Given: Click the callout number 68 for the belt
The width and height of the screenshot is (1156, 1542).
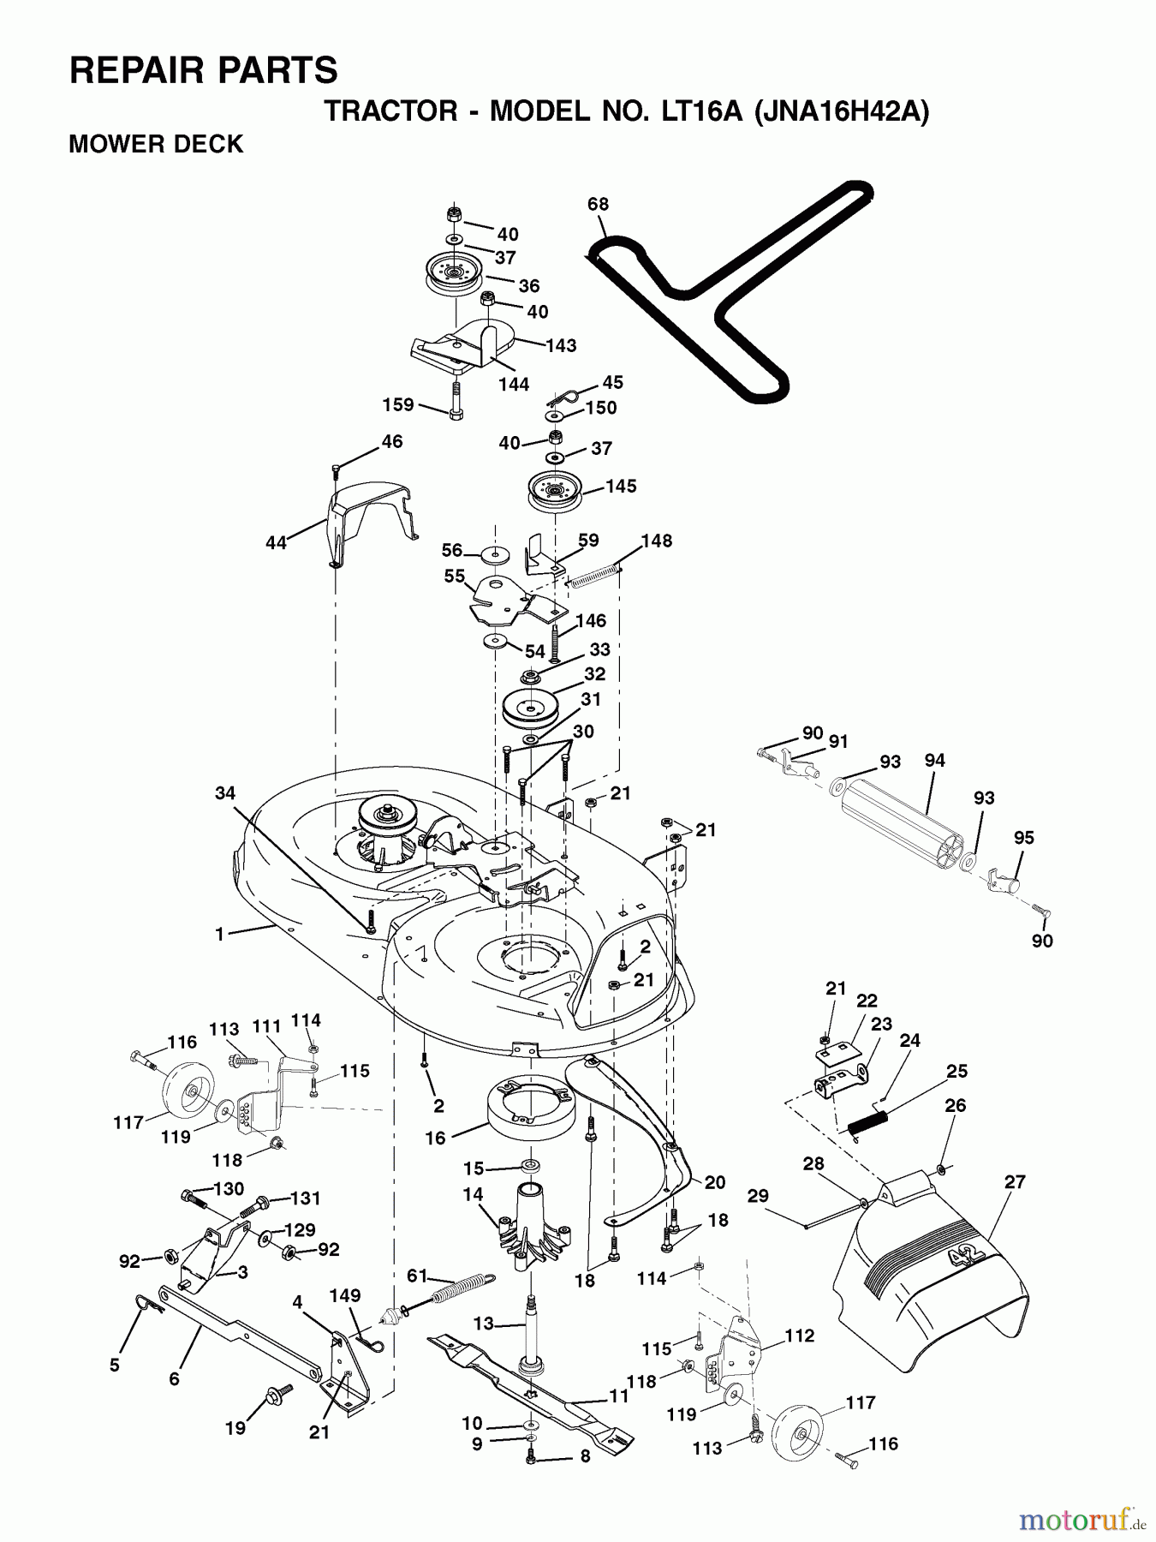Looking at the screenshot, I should pos(598,204).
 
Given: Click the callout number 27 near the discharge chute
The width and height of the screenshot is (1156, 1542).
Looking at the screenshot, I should pos(1015,1182).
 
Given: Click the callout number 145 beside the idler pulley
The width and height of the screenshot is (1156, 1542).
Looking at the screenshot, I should pos(621,487).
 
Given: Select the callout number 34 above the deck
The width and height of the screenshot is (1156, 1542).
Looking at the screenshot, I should pos(224,794).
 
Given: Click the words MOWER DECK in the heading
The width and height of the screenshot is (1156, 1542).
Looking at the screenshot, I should pos(156,144).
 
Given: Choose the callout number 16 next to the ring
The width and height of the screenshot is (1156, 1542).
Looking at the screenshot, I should pos(436,1138).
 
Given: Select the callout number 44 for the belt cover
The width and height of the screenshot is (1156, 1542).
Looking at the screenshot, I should pos(276,542).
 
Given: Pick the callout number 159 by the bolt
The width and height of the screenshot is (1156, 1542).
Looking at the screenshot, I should pos(398,404).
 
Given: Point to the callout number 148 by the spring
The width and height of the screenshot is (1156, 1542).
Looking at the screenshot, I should pos(657,541).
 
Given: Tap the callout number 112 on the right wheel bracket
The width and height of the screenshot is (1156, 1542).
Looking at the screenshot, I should pos(799,1336).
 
